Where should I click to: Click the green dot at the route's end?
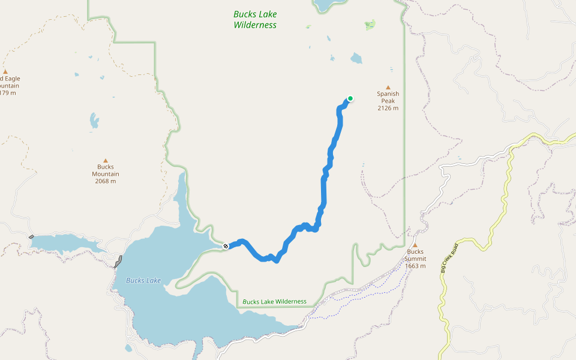pos(350,99)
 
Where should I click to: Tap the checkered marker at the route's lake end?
pos(226,246)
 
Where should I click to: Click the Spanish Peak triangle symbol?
pos(388,87)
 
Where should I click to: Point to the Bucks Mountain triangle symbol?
pos(106,160)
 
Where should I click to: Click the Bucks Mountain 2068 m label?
pos(106,174)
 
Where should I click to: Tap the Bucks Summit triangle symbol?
pos(415,245)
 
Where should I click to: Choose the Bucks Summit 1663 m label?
pos(415,259)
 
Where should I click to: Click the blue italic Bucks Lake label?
pos(143,280)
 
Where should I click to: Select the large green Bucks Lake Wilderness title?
pos(255,20)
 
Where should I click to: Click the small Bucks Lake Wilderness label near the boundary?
pos(274,301)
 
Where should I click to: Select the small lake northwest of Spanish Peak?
pos(356,58)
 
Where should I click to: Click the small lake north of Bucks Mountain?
pos(94,121)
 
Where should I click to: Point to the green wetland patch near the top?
pos(370,25)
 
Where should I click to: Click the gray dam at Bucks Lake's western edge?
pos(118,262)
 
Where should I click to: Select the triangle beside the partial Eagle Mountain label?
pos(5,71)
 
